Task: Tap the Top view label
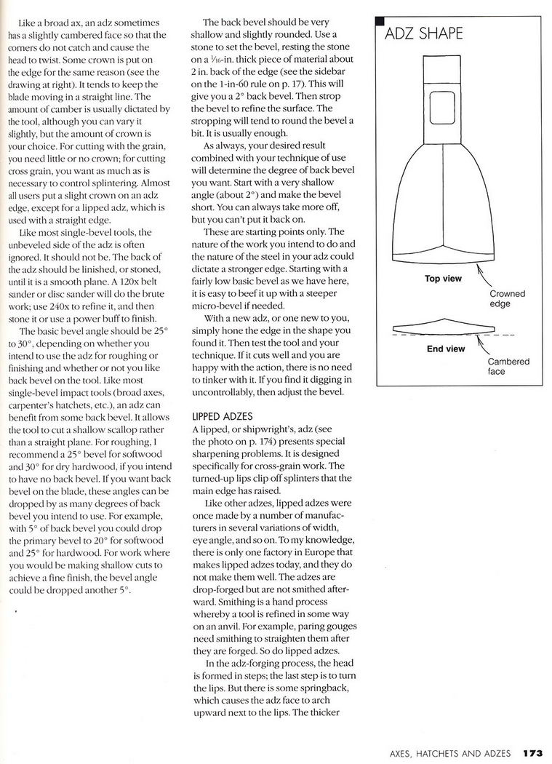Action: click(443, 278)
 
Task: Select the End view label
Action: click(445, 349)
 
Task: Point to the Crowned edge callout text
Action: click(506, 299)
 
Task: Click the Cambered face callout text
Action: click(508, 366)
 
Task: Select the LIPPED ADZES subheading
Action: click(223, 416)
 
